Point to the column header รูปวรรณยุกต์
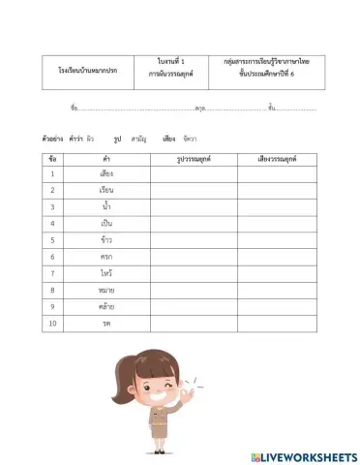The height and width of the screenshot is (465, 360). (x=194, y=157)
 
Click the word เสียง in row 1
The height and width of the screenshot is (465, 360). (x=106, y=174)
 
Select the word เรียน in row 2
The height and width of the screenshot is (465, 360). (x=106, y=190)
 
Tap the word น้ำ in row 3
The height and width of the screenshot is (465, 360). (x=106, y=206)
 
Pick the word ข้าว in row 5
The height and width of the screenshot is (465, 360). (x=106, y=239)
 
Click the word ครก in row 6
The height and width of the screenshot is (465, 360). (x=106, y=257)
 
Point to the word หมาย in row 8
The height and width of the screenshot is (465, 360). (x=106, y=290)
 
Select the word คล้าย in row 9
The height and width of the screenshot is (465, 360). (x=106, y=306)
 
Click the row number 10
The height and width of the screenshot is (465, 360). (x=52, y=323)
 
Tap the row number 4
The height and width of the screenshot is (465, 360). (x=52, y=224)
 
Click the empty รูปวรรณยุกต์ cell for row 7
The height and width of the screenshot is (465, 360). (x=194, y=273)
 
